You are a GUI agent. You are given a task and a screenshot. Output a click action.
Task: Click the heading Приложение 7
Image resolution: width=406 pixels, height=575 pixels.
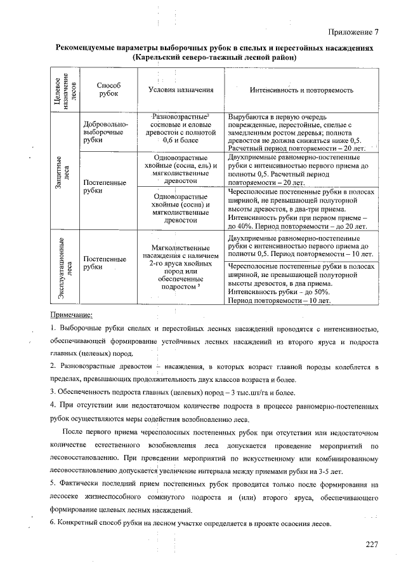(353, 32)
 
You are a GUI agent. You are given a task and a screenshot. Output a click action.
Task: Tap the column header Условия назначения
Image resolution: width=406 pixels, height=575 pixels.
(181, 90)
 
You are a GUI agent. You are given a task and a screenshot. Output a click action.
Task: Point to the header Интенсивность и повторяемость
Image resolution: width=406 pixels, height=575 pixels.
(301, 90)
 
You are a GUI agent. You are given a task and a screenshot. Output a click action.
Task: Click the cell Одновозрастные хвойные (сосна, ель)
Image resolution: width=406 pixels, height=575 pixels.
(181, 168)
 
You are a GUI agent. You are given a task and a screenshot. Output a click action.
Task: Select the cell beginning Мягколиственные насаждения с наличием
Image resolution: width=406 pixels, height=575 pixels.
(181, 267)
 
